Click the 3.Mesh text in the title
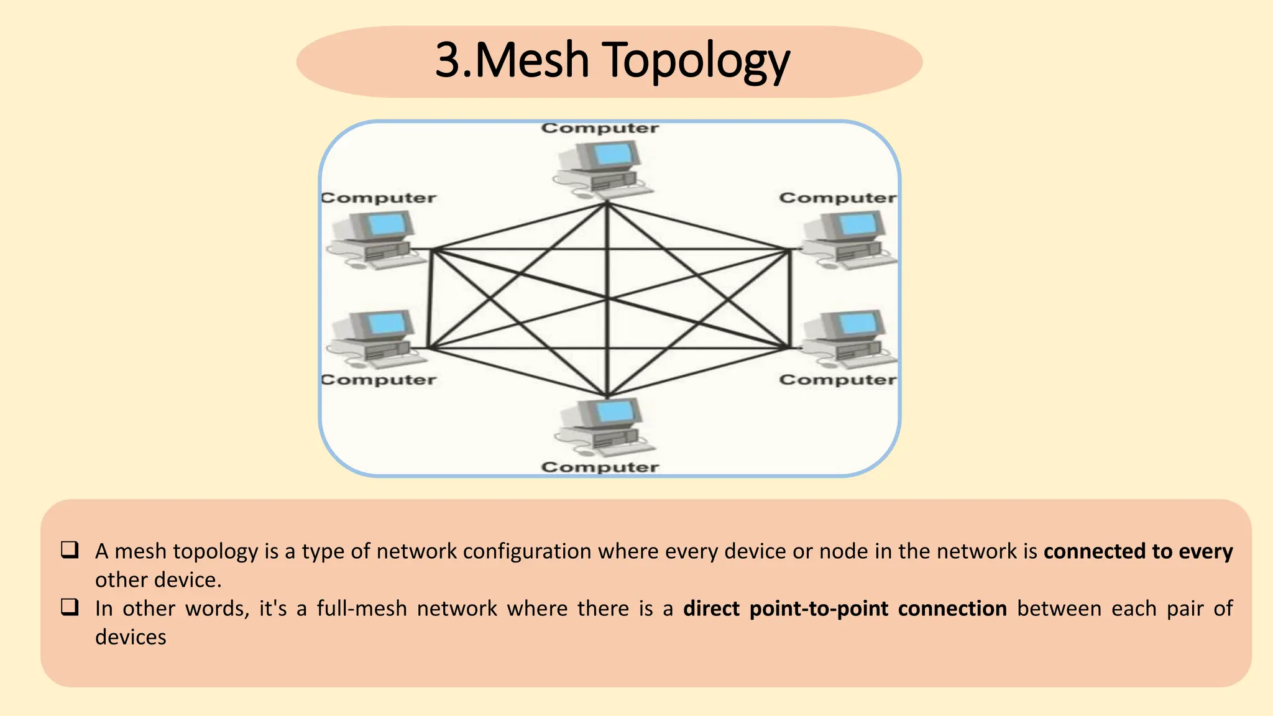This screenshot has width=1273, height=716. point(512,61)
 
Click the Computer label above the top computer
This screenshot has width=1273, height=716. point(599,128)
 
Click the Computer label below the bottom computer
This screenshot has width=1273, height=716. point(599,467)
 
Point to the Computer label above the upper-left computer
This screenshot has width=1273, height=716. point(379,198)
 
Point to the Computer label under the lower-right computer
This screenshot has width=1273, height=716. point(837,379)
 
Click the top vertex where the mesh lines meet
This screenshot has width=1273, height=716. point(607,203)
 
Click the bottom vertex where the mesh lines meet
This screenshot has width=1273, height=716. point(607,396)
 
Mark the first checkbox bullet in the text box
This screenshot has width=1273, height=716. point(70,549)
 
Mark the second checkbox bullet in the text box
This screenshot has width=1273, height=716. point(70,607)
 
